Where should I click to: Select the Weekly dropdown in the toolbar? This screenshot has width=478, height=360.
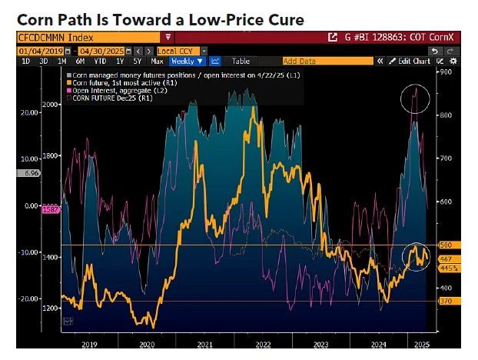click(x=188, y=61)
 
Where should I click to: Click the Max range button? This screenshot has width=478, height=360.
click(x=158, y=61)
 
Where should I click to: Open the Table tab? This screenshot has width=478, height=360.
click(x=241, y=61)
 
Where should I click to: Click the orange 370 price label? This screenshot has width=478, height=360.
click(x=446, y=302)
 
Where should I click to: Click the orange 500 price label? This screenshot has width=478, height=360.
click(x=446, y=245)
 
